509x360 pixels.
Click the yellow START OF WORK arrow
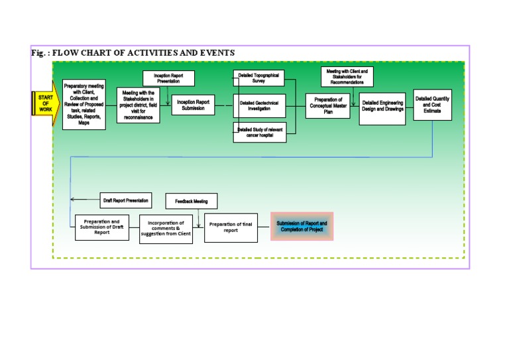click(42, 104)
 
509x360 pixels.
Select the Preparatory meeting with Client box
click(84, 104)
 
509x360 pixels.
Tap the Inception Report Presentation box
click(168, 78)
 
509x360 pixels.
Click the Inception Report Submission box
click(194, 105)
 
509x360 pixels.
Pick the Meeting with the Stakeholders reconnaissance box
click(138, 105)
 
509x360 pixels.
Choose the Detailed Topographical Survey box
click(259, 78)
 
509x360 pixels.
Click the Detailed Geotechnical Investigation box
click(259, 105)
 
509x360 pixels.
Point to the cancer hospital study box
click(260, 133)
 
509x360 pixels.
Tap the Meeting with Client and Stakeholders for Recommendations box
click(347, 76)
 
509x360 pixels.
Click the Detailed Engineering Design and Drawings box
click(382, 105)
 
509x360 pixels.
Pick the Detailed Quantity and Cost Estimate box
click(432, 104)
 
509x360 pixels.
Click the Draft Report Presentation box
click(126, 200)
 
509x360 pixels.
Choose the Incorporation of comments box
click(166, 228)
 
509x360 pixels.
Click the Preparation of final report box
click(231, 227)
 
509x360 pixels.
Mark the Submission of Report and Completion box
click(302, 227)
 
